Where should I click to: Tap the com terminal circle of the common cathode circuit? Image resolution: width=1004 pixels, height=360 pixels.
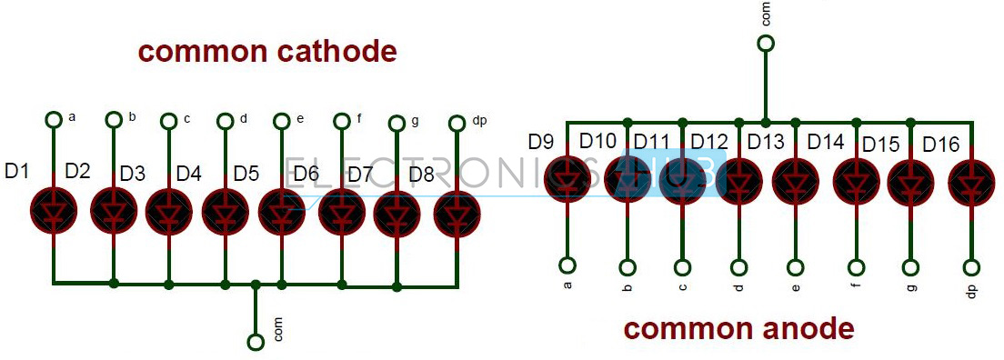tap(256, 341)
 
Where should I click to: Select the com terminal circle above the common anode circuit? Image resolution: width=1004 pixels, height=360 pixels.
tap(766, 43)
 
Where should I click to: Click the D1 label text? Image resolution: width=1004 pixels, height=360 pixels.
tap(17, 169)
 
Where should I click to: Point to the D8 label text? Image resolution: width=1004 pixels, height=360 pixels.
tap(421, 173)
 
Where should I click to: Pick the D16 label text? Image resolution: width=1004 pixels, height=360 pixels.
tap(940, 144)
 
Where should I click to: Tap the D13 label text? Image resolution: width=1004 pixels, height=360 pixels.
tap(765, 142)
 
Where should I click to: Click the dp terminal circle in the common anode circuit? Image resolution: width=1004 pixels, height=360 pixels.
tap(971, 267)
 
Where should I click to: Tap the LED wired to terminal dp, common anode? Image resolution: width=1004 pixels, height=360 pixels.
tap(970, 181)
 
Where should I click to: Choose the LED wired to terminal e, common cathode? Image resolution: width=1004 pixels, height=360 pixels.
tap(282, 210)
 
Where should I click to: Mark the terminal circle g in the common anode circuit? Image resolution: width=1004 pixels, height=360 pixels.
tap(911, 267)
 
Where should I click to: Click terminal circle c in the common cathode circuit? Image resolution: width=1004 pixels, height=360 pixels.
tap(169, 121)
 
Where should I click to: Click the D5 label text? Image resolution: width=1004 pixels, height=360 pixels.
tap(246, 173)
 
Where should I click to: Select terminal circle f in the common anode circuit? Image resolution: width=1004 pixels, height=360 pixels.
tap(856, 267)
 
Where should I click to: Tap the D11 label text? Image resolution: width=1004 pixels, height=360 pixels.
tap(651, 141)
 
